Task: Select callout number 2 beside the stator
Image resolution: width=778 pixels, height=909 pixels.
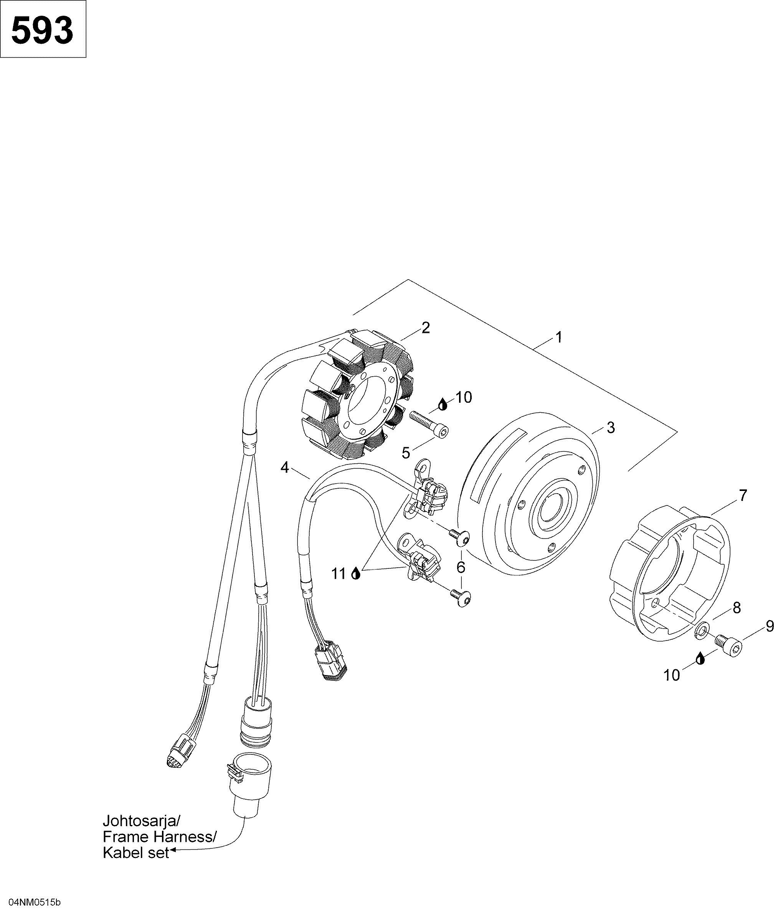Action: [425, 327]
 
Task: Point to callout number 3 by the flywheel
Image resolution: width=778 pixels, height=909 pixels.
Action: [611, 427]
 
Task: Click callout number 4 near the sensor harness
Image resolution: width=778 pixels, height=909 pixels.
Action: [284, 468]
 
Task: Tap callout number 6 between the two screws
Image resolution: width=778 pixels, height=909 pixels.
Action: [461, 567]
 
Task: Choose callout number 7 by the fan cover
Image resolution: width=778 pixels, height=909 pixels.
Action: [742, 496]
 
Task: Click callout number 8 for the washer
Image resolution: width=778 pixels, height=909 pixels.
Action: [737, 608]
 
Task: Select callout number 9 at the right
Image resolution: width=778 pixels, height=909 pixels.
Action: [770, 626]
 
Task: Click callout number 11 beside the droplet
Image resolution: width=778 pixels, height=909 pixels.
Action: [339, 573]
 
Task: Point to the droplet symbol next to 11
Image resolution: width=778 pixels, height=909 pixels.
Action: [356, 573]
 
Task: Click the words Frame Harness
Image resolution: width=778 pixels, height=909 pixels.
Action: [159, 837]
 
